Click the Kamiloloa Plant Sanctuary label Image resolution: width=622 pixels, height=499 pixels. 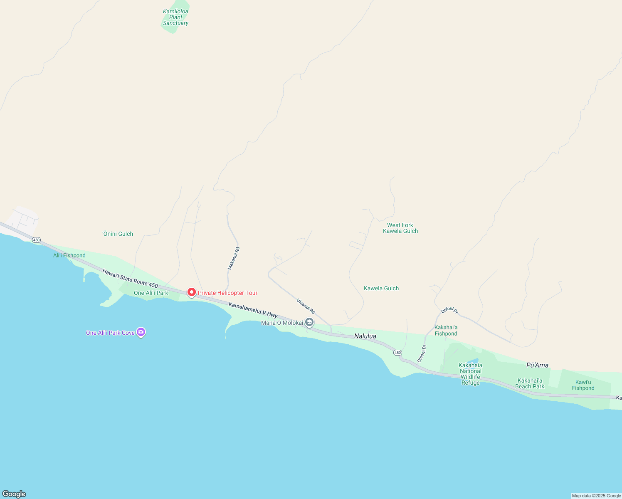click(x=175, y=17)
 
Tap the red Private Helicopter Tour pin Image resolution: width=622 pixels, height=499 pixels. click(x=192, y=293)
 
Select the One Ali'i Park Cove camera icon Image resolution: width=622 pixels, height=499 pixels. click(x=141, y=332)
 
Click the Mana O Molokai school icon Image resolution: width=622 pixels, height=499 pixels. click(x=309, y=322)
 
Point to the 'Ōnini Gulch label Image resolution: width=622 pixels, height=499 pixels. click(x=118, y=234)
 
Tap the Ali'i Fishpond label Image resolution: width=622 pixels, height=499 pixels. click(x=69, y=255)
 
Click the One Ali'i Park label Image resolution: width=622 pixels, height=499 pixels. click(x=151, y=293)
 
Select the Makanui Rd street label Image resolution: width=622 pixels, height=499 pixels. click(x=234, y=259)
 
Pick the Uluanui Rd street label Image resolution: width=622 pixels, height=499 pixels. click(x=306, y=306)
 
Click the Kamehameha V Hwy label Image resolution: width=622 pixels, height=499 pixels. click(x=253, y=310)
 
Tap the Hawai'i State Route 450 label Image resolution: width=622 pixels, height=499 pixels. click(x=130, y=279)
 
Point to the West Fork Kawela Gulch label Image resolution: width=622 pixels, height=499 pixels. click(x=400, y=228)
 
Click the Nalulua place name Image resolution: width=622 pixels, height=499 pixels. click(x=365, y=336)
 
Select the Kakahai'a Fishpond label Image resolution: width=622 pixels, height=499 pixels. click(x=446, y=330)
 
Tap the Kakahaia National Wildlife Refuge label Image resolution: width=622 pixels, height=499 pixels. click(x=471, y=374)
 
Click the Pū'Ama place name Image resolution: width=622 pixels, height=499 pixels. click(x=537, y=365)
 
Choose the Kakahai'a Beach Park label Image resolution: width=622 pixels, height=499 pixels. click(x=530, y=383)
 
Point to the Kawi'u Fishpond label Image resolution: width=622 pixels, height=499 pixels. click(x=583, y=385)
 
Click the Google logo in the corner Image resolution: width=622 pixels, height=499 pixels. click(x=14, y=494)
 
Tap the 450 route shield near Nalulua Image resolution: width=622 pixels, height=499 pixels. click(x=397, y=353)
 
